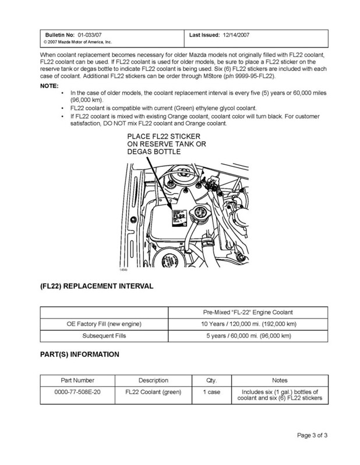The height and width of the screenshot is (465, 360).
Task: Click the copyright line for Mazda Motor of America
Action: [79, 42]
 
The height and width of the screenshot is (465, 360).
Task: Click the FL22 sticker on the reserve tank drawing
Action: [179, 216]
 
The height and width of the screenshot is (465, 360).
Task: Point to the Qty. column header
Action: [211, 380]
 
